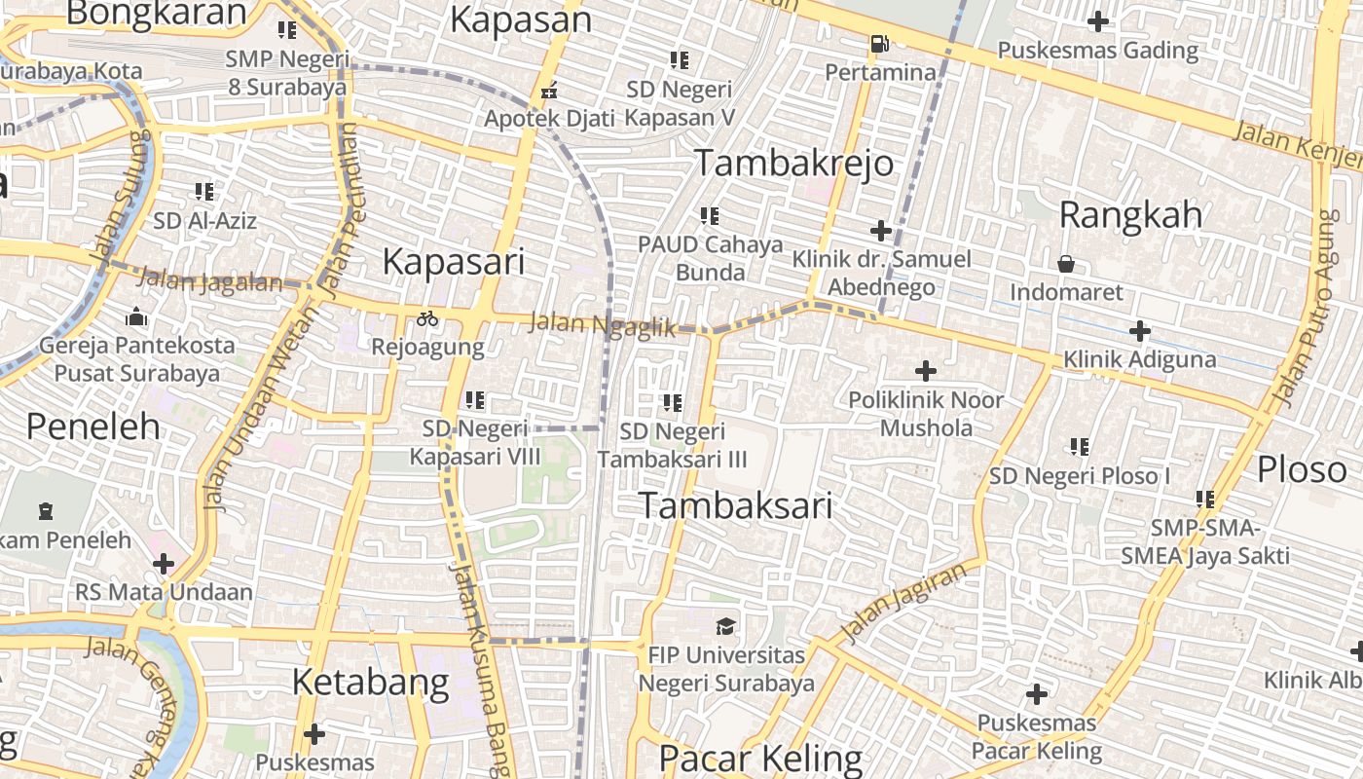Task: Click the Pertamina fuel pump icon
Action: coord(879,44)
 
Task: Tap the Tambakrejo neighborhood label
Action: coord(792,163)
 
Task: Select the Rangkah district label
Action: coord(1129,214)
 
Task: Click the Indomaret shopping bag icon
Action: coord(1066,264)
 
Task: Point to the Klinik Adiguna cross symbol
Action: coord(1140,331)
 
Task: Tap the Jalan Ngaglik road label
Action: coord(603,326)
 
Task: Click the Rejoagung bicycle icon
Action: coord(427,317)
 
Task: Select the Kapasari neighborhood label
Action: coord(454,261)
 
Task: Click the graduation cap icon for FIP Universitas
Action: coord(726,625)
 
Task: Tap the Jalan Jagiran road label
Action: coord(898,602)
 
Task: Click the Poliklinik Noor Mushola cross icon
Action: coord(925,371)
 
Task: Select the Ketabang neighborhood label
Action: coord(371,682)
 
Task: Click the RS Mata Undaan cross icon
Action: coord(164,563)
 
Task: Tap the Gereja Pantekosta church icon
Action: coord(136,316)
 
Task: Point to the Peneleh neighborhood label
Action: coord(92,426)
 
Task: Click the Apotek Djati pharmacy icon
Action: coord(550,92)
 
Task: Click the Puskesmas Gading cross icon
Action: coord(1098,20)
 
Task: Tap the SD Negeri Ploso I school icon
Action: coord(1079,447)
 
